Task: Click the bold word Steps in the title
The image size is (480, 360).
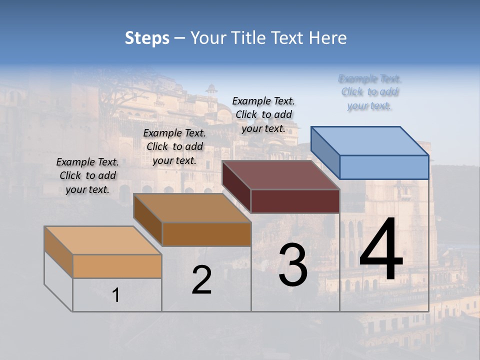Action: pos(147,38)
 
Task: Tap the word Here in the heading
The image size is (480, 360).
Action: pos(328,38)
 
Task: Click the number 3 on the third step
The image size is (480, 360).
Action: pos(293,265)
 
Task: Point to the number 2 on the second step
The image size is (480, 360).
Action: pos(201,280)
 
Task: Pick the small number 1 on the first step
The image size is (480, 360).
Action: pos(116,295)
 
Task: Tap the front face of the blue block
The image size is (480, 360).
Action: pos(384,167)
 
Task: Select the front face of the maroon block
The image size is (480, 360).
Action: pos(295,201)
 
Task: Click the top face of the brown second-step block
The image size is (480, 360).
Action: pos(192,208)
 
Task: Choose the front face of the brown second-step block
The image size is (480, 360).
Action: pos(206,234)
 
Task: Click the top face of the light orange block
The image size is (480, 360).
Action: pos(103,240)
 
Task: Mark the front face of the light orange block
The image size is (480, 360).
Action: pos(117,266)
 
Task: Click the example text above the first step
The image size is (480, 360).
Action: pos(87,175)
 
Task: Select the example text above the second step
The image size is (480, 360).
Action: pos(174,146)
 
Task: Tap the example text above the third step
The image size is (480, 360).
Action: pos(263,114)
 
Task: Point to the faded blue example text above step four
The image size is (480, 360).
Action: pos(369,92)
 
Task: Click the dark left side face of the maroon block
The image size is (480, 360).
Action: pos(236,186)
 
